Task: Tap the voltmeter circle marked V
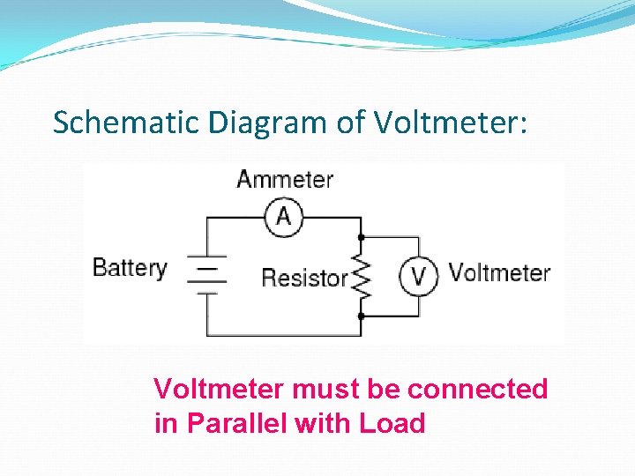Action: point(419,276)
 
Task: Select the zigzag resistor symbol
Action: point(362,276)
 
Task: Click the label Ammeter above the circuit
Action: point(285,180)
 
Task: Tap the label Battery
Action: point(130,268)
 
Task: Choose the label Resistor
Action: point(304,279)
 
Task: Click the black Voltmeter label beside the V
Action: point(499,272)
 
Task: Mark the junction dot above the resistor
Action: point(362,237)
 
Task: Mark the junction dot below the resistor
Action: point(362,315)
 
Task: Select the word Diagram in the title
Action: point(270,123)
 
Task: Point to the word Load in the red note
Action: point(392,424)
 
